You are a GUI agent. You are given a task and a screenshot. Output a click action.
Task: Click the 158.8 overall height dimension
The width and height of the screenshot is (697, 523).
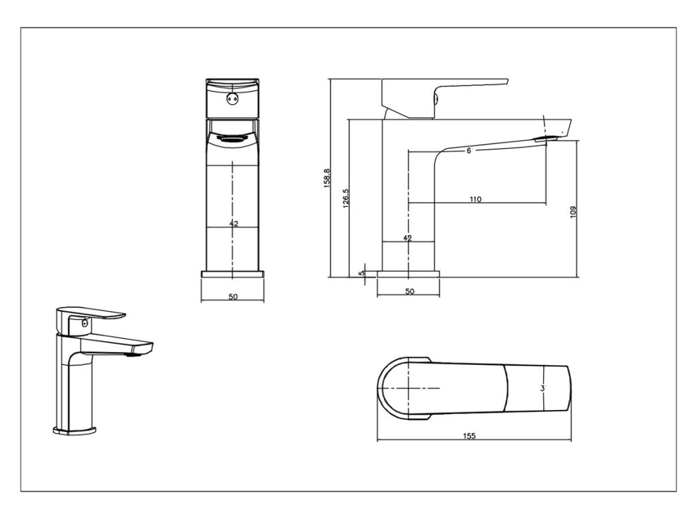(x=327, y=179)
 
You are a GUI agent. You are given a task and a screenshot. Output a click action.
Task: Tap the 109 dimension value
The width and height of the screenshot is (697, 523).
(x=573, y=211)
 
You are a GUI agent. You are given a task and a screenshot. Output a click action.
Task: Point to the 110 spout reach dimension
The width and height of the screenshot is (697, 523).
(x=475, y=199)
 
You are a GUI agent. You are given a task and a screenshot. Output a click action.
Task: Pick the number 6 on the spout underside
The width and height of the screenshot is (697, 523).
(x=469, y=150)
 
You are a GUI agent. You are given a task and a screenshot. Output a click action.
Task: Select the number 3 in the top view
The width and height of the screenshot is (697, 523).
(x=542, y=388)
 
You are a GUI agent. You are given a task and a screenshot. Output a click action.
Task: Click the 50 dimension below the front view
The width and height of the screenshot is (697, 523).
(x=233, y=297)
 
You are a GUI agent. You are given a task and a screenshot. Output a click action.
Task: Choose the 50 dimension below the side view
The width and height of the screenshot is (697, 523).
(x=409, y=291)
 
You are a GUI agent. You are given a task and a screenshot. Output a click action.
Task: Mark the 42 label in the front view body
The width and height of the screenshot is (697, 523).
(x=233, y=223)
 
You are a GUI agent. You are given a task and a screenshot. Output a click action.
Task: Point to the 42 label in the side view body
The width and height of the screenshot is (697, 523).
(x=408, y=238)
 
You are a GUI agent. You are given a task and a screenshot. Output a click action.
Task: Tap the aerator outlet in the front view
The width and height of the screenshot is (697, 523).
(x=233, y=138)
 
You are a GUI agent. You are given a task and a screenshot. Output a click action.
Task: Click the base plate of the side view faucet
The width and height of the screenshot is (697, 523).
(x=408, y=274)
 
